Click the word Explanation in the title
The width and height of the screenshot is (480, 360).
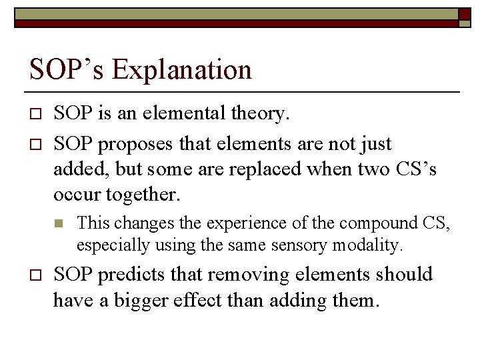182,69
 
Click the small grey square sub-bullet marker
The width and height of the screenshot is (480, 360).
59,223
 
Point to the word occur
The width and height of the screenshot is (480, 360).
75,194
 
